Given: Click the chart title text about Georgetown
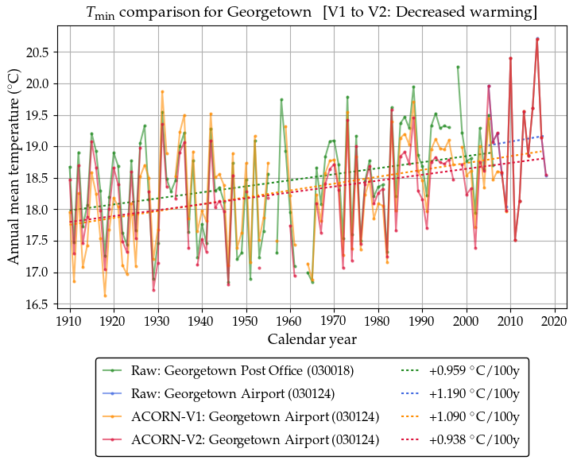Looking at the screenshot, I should click(312, 13).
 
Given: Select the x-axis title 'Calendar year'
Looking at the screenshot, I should click(312, 339).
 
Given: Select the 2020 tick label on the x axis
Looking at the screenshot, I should click(555, 321).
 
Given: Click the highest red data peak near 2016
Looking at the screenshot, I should click(537, 39).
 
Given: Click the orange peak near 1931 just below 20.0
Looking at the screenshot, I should click(162, 91).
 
